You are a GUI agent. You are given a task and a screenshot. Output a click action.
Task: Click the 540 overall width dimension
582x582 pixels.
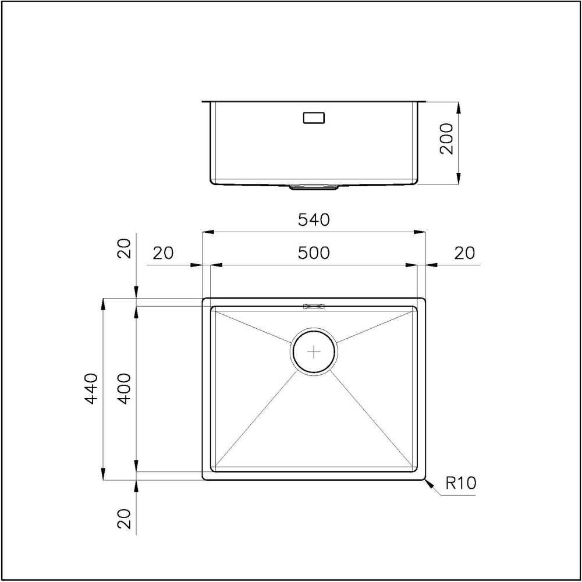pyautogui.click(x=314, y=220)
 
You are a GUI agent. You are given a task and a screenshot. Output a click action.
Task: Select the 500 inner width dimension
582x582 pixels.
pyautogui.click(x=314, y=253)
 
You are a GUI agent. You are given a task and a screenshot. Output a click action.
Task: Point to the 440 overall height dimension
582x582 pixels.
pyautogui.click(x=91, y=389)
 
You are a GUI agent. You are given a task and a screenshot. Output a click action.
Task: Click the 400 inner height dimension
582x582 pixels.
pyautogui.click(x=124, y=389)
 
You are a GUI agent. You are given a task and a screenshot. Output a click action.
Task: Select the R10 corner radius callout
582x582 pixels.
pyautogui.click(x=460, y=482)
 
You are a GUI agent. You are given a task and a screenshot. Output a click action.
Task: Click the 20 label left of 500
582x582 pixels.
pyautogui.click(x=163, y=253)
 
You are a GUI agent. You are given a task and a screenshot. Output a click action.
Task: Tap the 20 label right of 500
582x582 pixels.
pyautogui.click(x=464, y=253)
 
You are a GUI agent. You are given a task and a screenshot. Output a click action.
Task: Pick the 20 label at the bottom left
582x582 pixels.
pyautogui.click(x=124, y=517)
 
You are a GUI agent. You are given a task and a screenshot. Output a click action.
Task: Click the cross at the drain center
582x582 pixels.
pyautogui.click(x=314, y=352)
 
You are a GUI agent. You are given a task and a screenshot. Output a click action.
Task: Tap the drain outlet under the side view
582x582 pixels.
pyautogui.click(x=314, y=187)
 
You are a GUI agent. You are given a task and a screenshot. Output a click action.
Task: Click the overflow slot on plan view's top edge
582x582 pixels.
pyautogui.click(x=314, y=305)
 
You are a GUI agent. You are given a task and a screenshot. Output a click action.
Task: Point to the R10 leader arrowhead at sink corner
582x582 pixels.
pyautogui.click(x=428, y=483)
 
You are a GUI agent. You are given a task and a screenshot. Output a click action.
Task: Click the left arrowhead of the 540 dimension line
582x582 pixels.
pyautogui.click(x=206, y=232)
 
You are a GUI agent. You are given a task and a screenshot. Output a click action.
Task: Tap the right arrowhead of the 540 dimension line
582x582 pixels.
pyautogui.click(x=421, y=232)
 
